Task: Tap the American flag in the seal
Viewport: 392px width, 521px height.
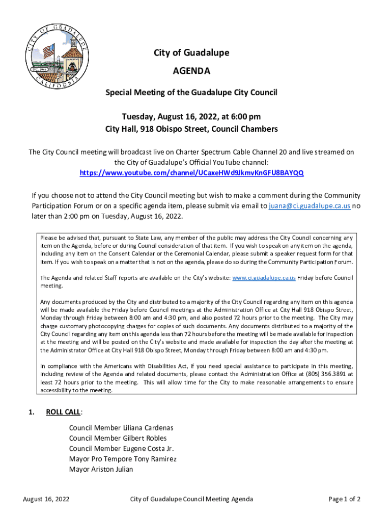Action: pyautogui.click(x=48, y=51)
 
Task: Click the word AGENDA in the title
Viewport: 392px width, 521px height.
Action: pyautogui.click(x=191, y=71)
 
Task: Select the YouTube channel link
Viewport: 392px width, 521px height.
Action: pyautogui.click(x=191, y=172)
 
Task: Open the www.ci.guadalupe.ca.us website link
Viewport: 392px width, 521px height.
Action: pyautogui.click(x=264, y=278)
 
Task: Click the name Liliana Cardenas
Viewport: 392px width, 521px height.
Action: pyautogui.click(x=149, y=427)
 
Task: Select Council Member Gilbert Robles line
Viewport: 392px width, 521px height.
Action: pyautogui.click(x=118, y=438)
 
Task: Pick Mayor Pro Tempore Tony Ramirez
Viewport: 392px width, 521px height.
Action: pyautogui.click(x=123, y=459)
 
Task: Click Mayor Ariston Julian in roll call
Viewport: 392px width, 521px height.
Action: pyautogui.click(x=101, y=469)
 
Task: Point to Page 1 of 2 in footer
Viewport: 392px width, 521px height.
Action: pyautogui.click(x=345, y=499)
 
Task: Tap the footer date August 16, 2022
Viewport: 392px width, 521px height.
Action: pyautogui.click(x=46, y=499)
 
